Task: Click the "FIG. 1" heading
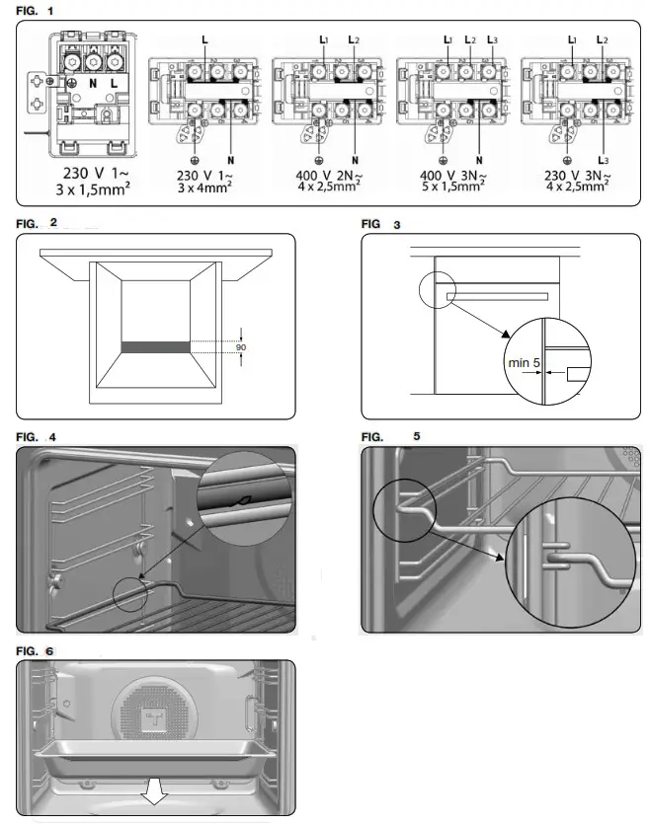38,10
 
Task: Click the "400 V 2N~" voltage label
319,174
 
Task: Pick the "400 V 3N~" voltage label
443,174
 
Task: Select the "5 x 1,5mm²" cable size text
443,187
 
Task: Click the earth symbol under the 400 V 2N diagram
318,159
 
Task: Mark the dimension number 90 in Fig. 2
240,348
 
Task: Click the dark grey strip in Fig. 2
155,347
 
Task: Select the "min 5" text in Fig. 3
524,364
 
